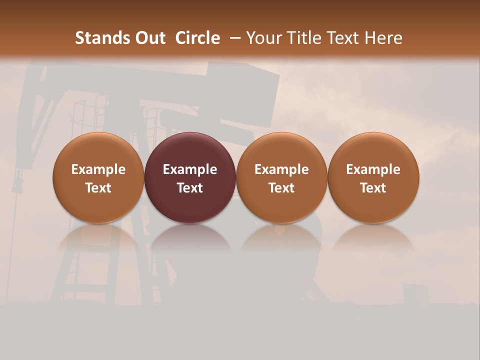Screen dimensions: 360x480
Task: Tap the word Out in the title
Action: (x=149, y=38)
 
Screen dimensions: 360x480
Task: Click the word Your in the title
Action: (x=262, y=38)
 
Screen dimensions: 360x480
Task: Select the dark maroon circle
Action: (x=190, y=150)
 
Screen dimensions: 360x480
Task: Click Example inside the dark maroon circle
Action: (x=190, y=169)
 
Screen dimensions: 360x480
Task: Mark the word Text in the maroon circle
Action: (x=190, y=188)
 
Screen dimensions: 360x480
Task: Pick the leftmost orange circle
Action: (x=98, y=150)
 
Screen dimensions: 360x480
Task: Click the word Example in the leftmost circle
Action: (x=98, y=169)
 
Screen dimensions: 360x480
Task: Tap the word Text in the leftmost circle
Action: (x=98, y=188)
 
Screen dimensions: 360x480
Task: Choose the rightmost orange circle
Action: (x=373, y=150)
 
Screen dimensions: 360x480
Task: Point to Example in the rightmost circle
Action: (x=373, y=169)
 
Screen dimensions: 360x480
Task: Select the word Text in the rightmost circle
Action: (x=373, y=188)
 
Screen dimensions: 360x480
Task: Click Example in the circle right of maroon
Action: (x=281, y=169)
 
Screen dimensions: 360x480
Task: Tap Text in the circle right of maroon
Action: (x=281, y=188)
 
